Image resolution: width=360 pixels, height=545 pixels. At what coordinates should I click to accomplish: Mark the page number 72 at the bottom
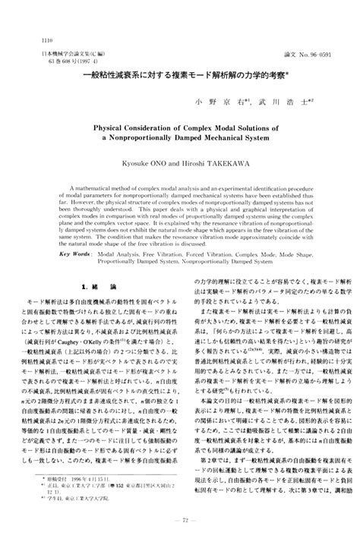(180, 518)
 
